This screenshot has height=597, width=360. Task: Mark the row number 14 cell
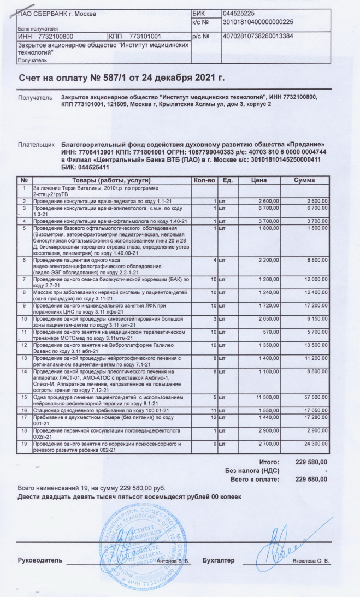(x=24, y=371)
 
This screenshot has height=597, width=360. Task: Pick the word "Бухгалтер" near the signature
(x=218, y=561)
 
